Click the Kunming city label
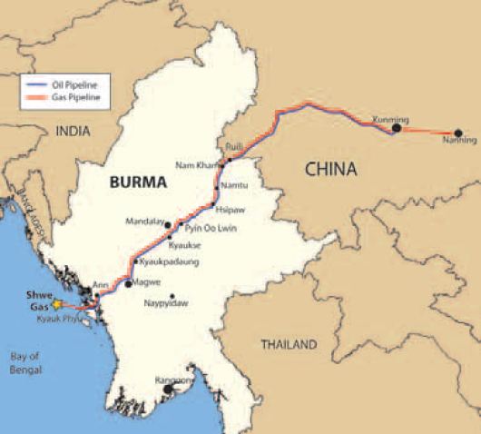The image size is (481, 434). (x=391, y=119)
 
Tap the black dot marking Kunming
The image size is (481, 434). (x=396, y=129)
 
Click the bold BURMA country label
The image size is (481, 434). (x=137, y=182)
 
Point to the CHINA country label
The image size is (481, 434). (x=330, y=169)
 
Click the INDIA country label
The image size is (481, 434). (x=74, y=132)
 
